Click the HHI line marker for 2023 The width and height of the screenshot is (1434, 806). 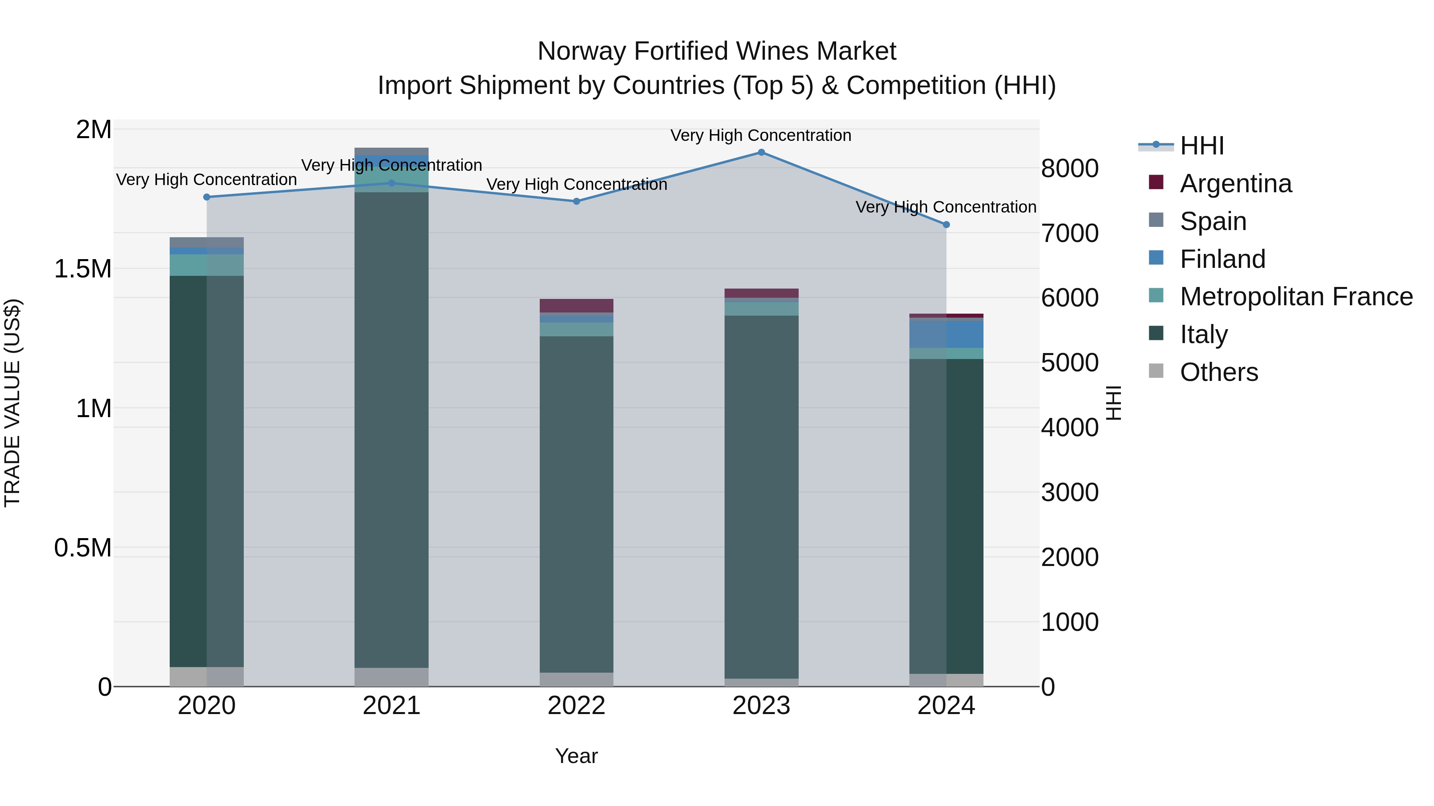[x=761, y=152]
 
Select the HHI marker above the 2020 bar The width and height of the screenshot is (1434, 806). [x=206, y=197]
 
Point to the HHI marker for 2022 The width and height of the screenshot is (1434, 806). [x=576, y=201]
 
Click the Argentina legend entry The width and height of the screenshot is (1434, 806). [x=1235, y=183]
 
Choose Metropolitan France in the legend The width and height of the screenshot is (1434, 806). [x=1296, y=297]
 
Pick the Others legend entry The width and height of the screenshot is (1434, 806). [x=1219, y=372]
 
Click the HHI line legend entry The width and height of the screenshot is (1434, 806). [x=1201, y=146]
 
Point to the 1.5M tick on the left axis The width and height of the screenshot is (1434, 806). [x=82, y=269]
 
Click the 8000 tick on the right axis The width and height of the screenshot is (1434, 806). [x=1070, y=168]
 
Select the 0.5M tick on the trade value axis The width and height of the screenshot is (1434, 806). [x=82, y=548]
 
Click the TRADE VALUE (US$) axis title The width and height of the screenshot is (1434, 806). [x=12, y=403]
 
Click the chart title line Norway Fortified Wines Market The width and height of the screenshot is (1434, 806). [x=717, y=51]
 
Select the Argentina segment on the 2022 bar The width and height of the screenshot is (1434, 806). [x=576, y=305]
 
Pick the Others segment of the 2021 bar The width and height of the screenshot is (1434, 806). [x=391, y=677]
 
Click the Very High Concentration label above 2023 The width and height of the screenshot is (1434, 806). [x=760, y=136]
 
